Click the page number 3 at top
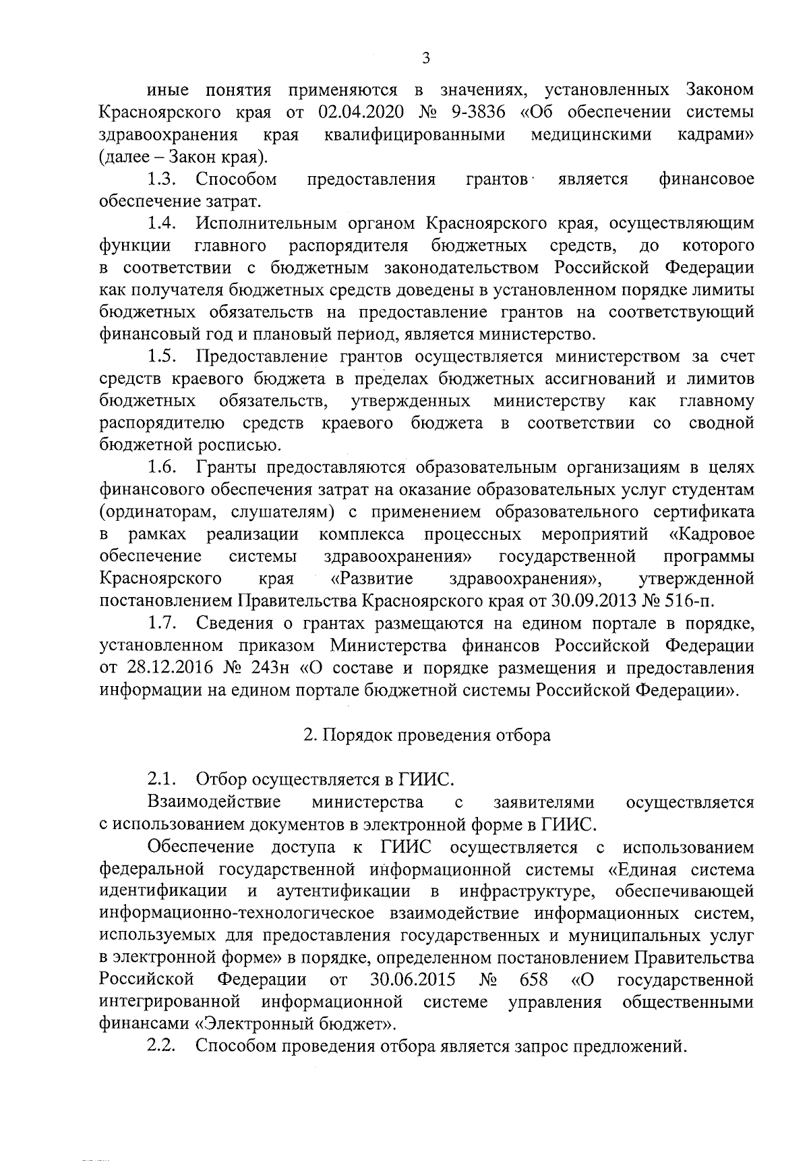click(x=425, y=58)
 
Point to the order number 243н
click(x=272, y=668)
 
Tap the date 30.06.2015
click(x=413, y=980)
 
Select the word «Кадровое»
click(x=711, y=535)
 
